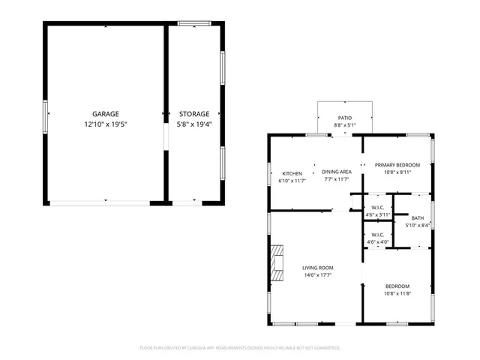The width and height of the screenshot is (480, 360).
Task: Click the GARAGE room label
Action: click(x=105, y=114)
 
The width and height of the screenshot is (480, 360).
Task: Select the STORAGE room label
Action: click(x=193, y=114)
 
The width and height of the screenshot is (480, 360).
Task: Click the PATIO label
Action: click(x=344, y=118)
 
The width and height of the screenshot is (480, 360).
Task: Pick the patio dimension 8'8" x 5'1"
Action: click(x=344, y=125)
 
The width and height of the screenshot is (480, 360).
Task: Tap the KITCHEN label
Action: click(x=292, y=173)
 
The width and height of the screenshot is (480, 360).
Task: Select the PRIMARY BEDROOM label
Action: click(x=397, y=165)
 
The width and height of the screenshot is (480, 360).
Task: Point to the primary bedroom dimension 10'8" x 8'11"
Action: click(x=397, y=172)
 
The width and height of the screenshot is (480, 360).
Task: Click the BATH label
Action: click(x=418, y=217)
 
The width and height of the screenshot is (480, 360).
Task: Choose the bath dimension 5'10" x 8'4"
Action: click(x=418, y=225)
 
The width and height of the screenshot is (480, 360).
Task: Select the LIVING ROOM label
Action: click(x=318, y=268)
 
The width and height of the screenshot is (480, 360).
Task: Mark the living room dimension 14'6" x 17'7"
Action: click(x=318, y=275)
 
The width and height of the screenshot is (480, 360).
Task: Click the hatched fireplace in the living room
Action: click(x=278, y=262)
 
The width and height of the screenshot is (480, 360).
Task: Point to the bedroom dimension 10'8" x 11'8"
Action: click(x=397, y=293)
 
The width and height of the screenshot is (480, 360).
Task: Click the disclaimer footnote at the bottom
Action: click(x=240, y=348)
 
